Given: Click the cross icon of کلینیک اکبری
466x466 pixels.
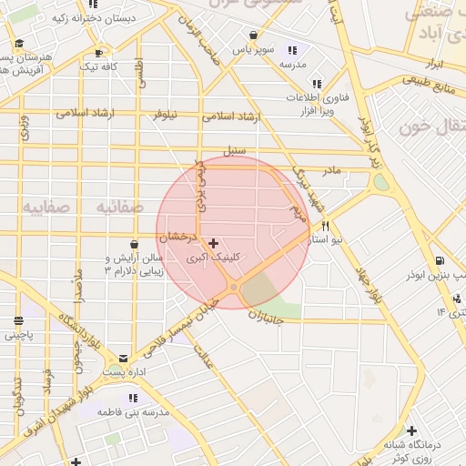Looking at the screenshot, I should click(x=213, y=243).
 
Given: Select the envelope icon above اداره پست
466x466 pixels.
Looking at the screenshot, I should click(x=123, y=359).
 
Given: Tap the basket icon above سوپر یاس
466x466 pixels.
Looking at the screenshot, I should click(x=252, y=35).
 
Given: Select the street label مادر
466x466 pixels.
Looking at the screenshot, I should click(x=331, y=170).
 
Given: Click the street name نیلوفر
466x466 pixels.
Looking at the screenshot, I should click(x=166, y=116).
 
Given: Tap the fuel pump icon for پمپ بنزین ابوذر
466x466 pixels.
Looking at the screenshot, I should click(x=441, y=258).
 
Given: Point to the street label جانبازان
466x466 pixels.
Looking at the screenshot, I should click(x=266, y=318).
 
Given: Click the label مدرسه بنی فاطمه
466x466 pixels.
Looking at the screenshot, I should click(x=137, y=412).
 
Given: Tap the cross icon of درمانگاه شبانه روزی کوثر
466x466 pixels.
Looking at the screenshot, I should click(x=412, y=431).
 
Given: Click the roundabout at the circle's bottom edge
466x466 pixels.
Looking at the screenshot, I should click(x=234, y=289).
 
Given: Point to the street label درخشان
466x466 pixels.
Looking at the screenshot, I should click(x=177, y=238).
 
